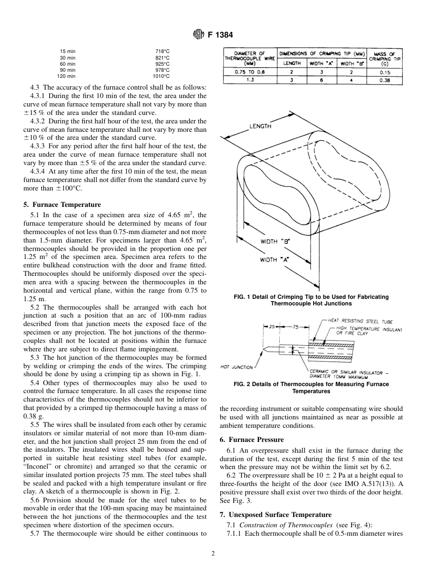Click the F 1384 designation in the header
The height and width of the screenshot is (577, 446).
pyautogui.click(x=221, y=35)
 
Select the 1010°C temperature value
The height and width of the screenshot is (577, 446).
pyautogui.click(x=161, y=76)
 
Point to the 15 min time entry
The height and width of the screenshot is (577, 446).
pyautogui.click(x=68, y=51)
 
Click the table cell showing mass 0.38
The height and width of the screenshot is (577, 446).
pyautogui.click(x=384, y=80)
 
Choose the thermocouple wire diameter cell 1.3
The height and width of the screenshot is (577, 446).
pyautogui.click(x=250, y=80)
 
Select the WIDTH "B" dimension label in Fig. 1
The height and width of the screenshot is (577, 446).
pyautogui.click(x=275, y=241)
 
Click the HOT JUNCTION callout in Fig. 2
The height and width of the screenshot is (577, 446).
pyautogui.click(x=237, y=367)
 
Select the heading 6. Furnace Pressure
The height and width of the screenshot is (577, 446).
pyautogui.click(x=252, y=440)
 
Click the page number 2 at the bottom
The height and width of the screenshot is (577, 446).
pyautogui.click(x=213, y=554)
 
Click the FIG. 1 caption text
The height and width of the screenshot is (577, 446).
pyautogui.click(x=311, y=300)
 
